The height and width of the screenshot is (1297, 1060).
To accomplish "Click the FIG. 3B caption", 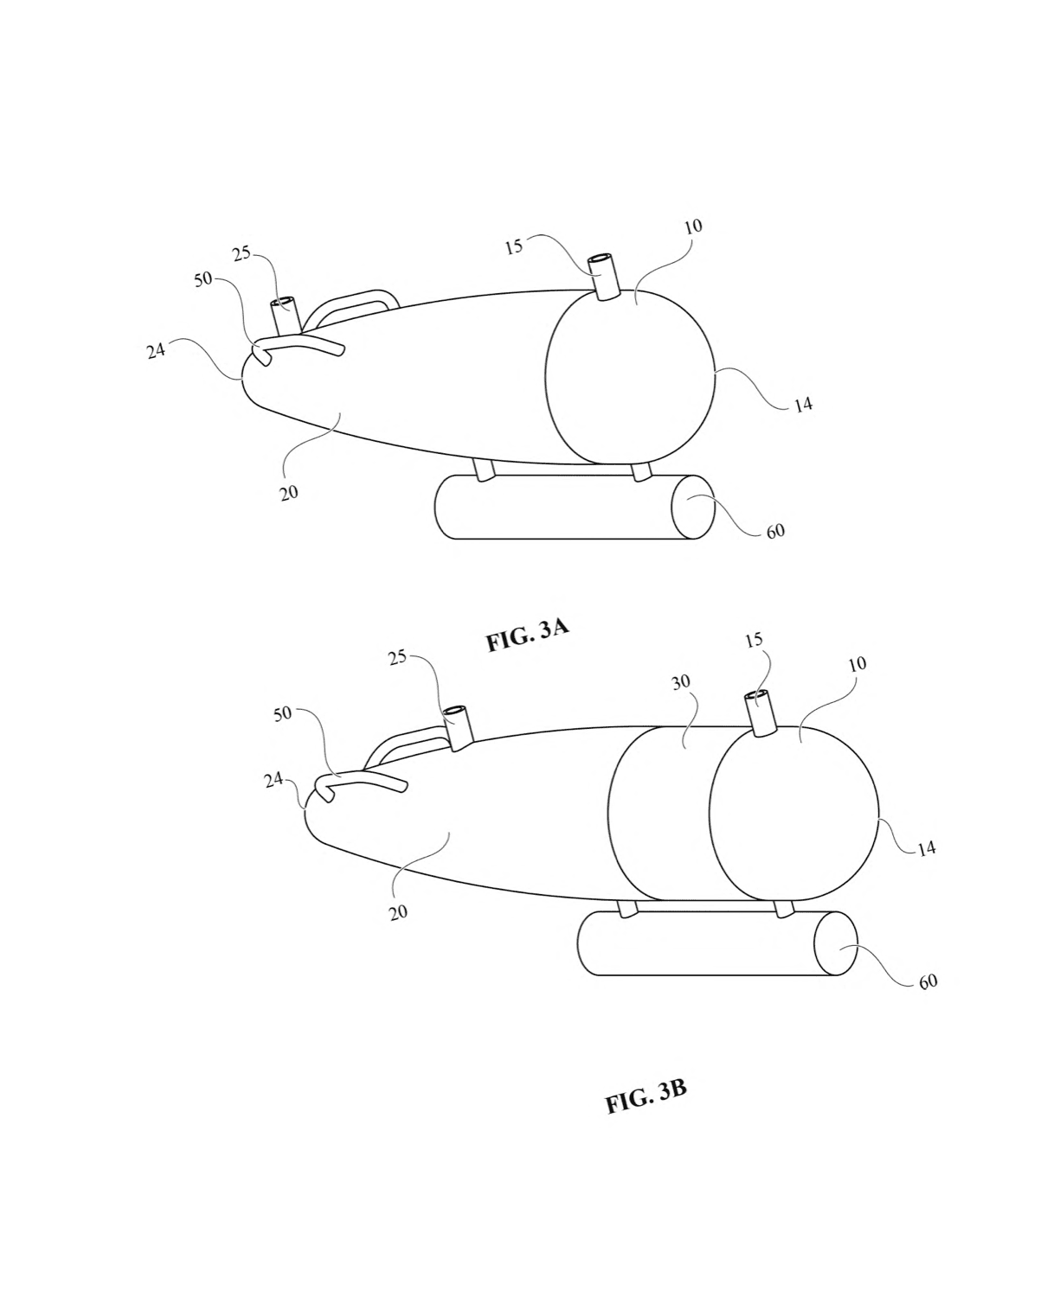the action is tap(646, 1096).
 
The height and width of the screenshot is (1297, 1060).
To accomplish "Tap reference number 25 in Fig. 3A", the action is tap(242, 252).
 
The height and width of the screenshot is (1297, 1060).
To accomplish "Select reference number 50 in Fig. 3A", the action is tap(203, 279).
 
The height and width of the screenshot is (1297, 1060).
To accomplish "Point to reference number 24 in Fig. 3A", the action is tap(157, 350).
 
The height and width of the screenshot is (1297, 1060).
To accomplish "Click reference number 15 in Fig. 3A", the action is tap(514, 246).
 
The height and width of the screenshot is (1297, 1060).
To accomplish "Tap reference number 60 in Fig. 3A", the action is tap(775, 531).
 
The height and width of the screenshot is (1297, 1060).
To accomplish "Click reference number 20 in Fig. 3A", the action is tap(289, 492).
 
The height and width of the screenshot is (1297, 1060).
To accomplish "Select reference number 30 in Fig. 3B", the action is tap(681, 682).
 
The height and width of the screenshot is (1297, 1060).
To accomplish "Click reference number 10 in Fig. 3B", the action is tap(857, 663).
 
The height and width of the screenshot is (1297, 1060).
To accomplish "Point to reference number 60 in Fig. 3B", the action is tap(928, 982).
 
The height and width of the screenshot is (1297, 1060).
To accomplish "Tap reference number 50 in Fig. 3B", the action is tap(283, 715).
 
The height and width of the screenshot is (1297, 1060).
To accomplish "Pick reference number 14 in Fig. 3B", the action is tap(927, 849).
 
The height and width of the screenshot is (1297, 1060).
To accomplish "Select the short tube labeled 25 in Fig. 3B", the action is tap(459, 727).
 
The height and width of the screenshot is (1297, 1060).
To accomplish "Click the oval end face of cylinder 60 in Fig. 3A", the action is tap(692, 507).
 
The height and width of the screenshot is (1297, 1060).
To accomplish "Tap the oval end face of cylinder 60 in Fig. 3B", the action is tap(836, 943).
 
